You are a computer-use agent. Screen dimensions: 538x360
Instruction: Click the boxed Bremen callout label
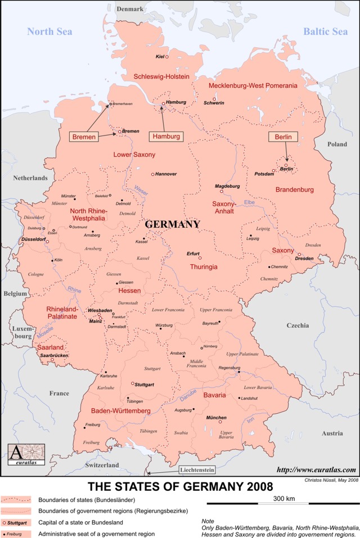coord(84,137)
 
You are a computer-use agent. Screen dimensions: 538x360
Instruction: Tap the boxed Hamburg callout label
coord(166,137)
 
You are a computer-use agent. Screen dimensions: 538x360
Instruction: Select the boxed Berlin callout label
coord(283,137)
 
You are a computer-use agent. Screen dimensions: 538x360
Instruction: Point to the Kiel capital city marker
coord(167,57)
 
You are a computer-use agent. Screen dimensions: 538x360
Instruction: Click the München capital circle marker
coord(220,422)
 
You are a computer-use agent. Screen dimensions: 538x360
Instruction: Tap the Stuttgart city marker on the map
coord(133,383)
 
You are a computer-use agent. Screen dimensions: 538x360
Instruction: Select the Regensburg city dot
coord(239,372)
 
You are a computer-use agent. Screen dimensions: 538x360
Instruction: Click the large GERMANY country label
coord(172,224)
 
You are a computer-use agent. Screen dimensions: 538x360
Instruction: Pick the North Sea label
coord(49,31)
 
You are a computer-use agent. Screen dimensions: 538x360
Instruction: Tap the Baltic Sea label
coord(326,31)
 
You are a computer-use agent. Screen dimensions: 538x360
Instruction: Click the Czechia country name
coord(298,325)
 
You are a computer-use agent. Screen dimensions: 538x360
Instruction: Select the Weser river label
coord(141,191)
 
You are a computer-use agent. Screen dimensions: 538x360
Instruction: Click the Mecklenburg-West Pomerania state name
coord(253,85)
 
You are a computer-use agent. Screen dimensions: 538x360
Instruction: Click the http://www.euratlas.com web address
coord(316,469)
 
